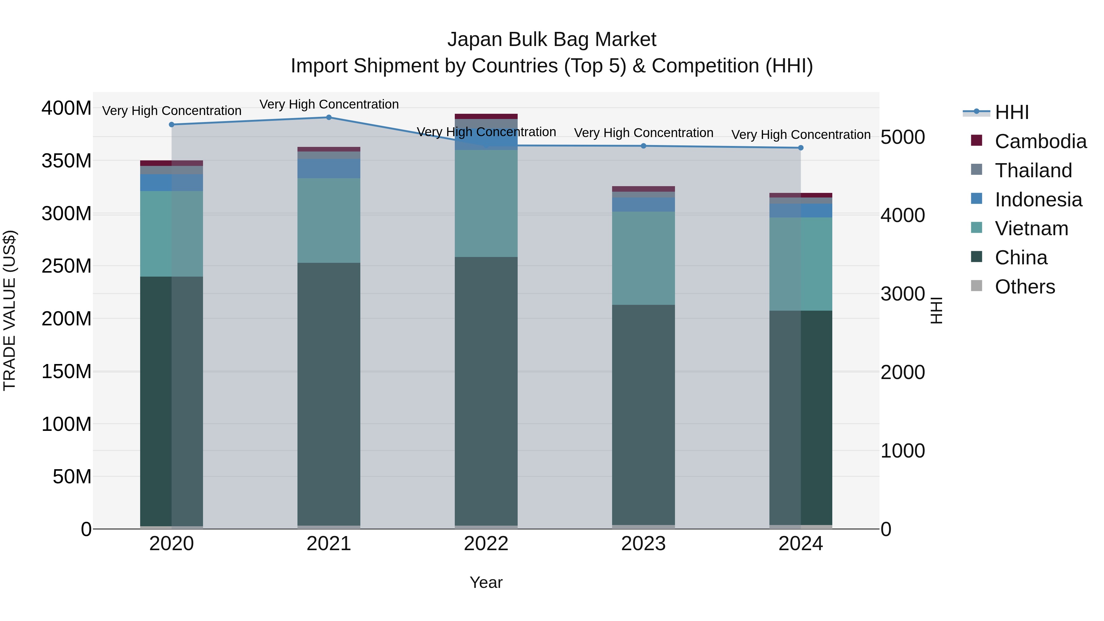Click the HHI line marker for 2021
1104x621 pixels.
point(329,117)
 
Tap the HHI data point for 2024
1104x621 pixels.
point(801,148)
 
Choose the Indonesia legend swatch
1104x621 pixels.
point(976,199)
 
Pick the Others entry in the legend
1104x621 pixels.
point(1025,287)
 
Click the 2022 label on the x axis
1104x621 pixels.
point(486,544)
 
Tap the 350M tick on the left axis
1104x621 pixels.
point(67,161)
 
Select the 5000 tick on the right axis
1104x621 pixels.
point(903,138)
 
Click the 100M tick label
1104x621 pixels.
point(67,424)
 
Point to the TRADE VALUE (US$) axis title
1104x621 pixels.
point(10,310)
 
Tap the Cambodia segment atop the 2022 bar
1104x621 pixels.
point(486,117)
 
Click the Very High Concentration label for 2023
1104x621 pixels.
point(643,133)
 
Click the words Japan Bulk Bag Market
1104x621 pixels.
point(552,40)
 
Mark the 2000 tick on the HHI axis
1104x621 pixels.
point(903,372)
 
